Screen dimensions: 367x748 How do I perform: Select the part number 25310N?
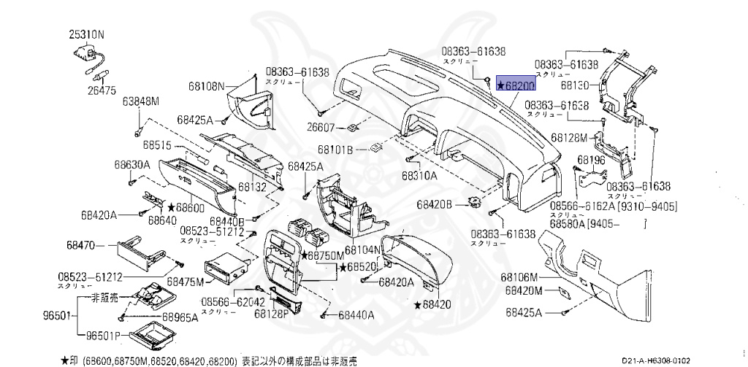87,34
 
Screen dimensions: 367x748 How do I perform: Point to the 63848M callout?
141,101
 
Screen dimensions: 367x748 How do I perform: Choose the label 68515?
156,145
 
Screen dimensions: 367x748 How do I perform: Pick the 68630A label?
131,166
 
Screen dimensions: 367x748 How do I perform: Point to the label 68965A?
180,317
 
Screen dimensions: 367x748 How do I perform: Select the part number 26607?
321,128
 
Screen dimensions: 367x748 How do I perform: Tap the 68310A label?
419,176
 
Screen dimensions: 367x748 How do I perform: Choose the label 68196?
590,159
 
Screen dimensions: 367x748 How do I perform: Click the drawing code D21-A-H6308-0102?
657,360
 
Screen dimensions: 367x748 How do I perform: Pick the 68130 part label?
575,85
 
